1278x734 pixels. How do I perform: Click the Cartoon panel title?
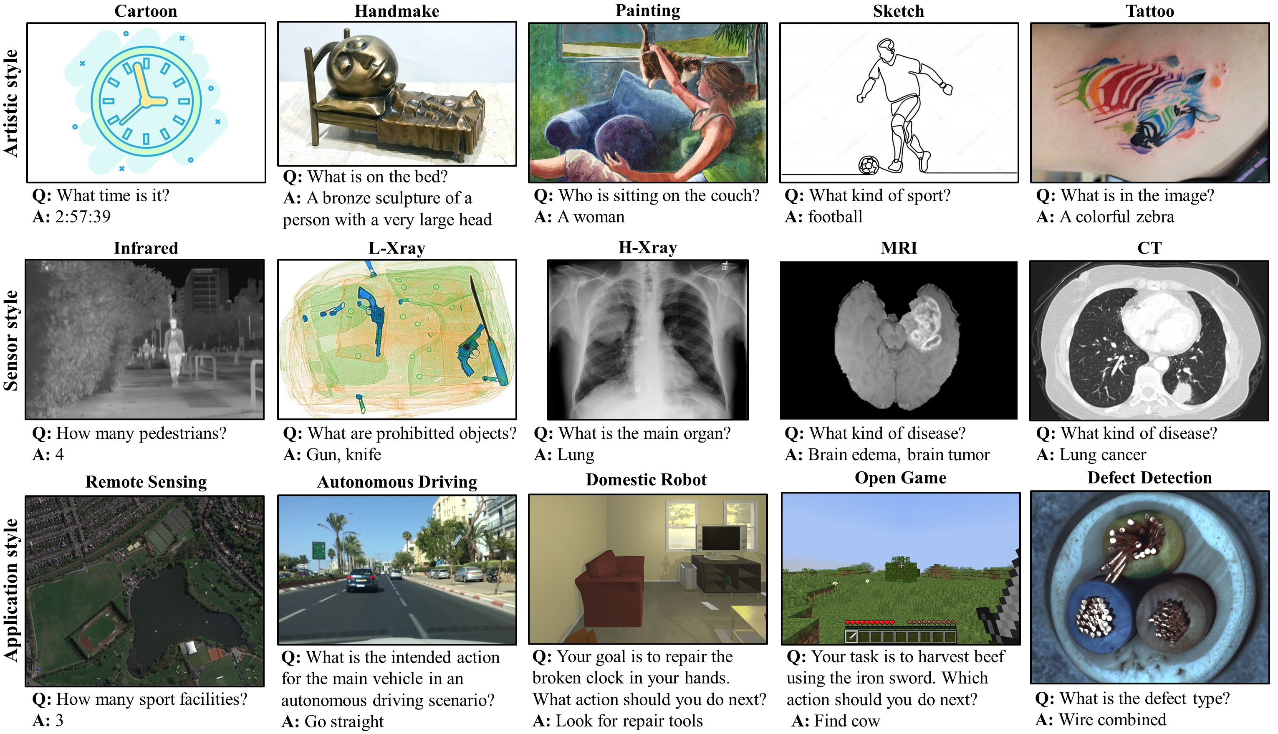(146, 11)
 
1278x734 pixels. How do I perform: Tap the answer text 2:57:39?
(83, 217)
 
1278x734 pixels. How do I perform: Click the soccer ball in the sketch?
(868, 165)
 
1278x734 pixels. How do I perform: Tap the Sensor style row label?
(11, 341)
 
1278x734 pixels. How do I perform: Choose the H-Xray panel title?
(648, 248)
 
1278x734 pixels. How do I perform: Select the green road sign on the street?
(318, 549)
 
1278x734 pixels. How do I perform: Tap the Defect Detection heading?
(1149, 477)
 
